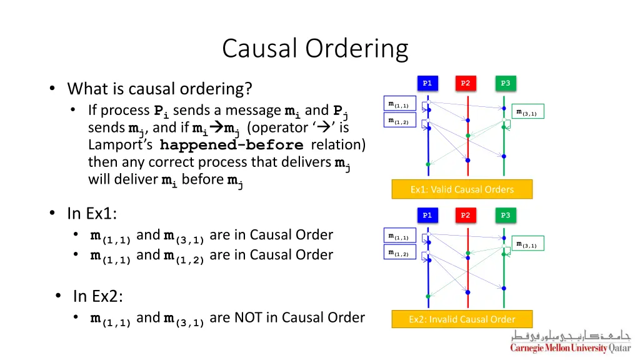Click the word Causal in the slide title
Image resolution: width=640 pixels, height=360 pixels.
pyautogui.click(x=259, y=48)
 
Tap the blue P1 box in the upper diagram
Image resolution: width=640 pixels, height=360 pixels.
pyautogui.click(x=427, y=83)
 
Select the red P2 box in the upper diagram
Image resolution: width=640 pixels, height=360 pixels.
pyautogui.click(x=465, y=83)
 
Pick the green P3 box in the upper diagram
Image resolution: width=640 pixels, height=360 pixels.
pyautogui.click(x=505, y=83)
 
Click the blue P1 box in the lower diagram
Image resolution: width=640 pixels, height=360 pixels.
pyautogui.click(x=427, y=215)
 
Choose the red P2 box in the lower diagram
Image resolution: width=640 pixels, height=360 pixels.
pyautogui.click(x=465, y=215)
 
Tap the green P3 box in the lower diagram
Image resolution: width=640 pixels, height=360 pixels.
pyautogui.click(x=505, y=215)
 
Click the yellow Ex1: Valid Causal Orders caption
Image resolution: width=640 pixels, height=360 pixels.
pyautogui.click(x=462, y=189)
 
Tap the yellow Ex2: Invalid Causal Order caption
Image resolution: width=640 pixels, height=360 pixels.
pyautogui.click(x=462, y=319)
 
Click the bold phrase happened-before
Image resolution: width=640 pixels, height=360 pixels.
pyautogui.click(x=231, y=145)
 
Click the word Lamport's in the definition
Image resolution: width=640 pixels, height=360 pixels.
pyautogui.click(x=121, y=145)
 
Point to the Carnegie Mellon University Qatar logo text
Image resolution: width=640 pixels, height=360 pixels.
pyautogui.click(x=571, y=347)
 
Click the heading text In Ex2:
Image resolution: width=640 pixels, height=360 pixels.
pyautogui.click(x=98, y=296)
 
